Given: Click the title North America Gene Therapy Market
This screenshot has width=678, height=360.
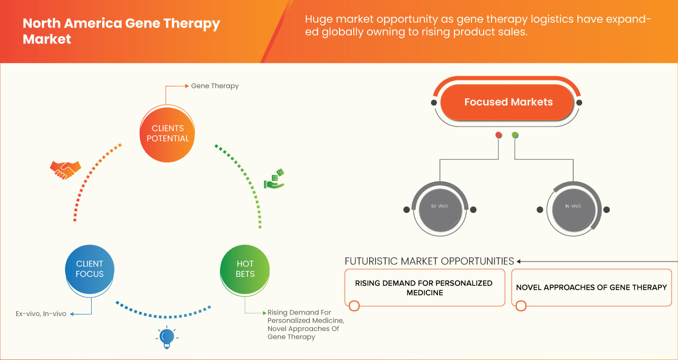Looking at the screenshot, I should click(x=121, y=31).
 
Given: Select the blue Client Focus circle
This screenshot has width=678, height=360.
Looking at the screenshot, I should click(x=90, y=269).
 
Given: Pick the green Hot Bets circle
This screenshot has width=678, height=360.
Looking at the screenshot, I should click(x=245, y=269).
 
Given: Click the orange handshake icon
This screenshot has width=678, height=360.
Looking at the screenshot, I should click(x=65, y=169).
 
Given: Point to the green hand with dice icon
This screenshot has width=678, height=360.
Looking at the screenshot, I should click(x=274, y=179).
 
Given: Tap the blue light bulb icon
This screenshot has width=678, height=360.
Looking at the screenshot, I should click(x=167, y=337).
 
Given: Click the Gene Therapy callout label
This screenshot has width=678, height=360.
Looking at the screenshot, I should click(x=215, y=86).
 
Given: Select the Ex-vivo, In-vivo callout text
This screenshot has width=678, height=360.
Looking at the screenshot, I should click(x=41, y=314).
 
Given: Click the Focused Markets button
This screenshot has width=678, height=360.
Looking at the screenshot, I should click(x=508, y=102).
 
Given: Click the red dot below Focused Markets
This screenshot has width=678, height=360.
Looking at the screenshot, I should click(x=498, y=136).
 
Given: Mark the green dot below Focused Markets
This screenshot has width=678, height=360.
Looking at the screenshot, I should click(x=515, y=136).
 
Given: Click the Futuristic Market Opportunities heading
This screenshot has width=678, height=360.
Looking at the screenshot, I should click(x=429, y=261).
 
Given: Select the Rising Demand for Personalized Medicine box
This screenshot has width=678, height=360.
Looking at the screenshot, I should click(x=424, y=288).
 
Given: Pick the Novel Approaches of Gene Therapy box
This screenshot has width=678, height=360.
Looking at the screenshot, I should click(x=591, y=287).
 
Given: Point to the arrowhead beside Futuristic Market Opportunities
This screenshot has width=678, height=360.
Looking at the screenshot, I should click(x=519, y=261).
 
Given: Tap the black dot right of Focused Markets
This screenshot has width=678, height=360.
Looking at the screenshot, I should click(x=579, y=102).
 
